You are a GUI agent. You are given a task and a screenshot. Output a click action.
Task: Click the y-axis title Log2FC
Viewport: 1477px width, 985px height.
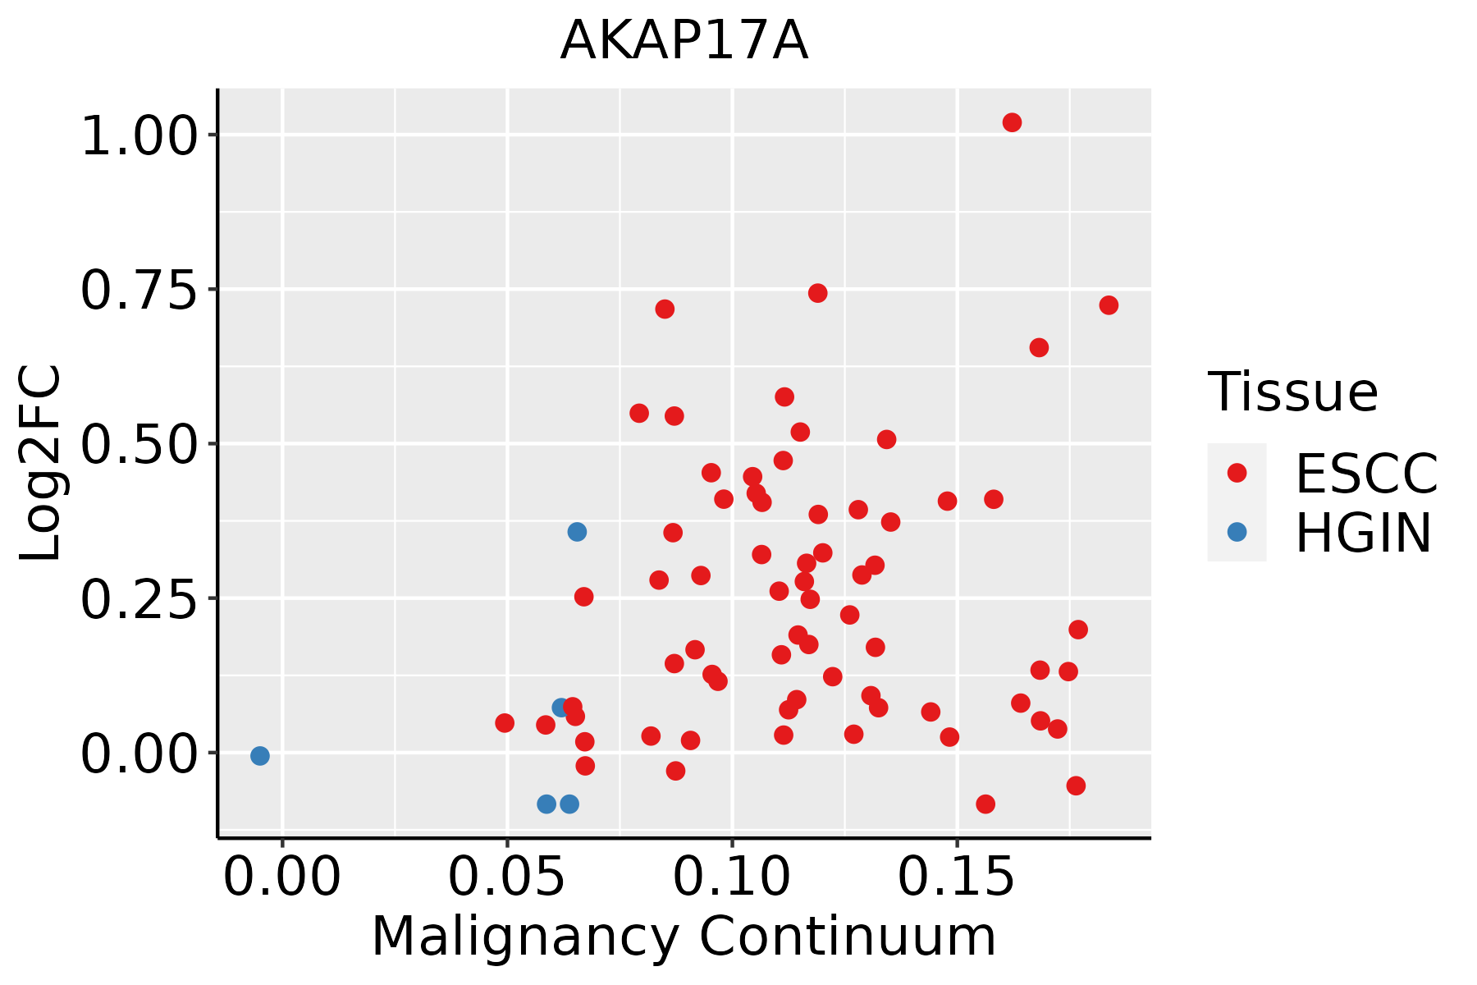tap(41, 464)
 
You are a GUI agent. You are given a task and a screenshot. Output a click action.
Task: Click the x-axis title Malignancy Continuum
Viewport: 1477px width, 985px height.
tap(684, 937)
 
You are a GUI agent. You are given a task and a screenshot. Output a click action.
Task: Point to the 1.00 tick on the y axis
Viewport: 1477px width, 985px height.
tap(140, 135)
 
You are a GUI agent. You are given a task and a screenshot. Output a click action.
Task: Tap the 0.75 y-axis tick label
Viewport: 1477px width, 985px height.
tap(140, 290)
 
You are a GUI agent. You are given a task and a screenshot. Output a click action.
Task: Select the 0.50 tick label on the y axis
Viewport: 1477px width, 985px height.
tap(140, 444)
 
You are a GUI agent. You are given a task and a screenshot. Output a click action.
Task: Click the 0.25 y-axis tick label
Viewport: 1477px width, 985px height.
tap(140, 598)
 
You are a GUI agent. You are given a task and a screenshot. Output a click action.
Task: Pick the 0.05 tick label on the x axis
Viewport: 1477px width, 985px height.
tap(507, 877)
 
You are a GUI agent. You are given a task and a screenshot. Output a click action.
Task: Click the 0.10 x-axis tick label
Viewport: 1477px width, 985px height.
tap(732, 877)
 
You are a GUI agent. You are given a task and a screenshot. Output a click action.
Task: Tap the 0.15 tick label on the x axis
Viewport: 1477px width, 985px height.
tap(957, 877)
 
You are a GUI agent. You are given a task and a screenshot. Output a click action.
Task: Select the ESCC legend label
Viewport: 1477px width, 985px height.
tap(1366, 474)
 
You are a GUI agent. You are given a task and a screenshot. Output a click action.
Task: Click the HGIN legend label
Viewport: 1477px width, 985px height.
tap(1364, 533)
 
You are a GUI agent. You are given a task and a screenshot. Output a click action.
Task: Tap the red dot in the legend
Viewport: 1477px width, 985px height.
tap(1237, 473)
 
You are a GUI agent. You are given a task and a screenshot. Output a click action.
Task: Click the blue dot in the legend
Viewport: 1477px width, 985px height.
tap(1237, 532)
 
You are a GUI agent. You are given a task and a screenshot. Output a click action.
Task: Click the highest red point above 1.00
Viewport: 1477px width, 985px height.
tap(1012, 122)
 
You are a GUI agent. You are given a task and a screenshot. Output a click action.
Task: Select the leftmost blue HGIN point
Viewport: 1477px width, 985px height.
tap(260, 756)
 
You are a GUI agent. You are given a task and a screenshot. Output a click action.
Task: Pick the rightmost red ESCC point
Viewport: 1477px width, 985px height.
tap(1109, 305)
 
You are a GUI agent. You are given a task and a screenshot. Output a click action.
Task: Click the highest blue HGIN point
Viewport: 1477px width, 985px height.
tap(577, 532)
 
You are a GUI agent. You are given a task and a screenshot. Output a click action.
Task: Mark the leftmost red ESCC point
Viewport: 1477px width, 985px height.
tap(505, 723)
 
